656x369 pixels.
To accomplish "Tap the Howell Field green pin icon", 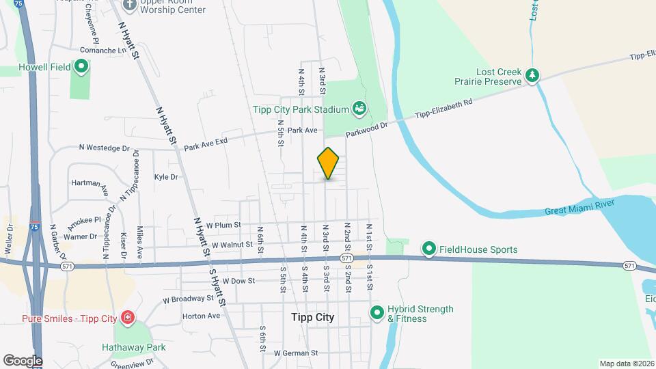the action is [81, 66].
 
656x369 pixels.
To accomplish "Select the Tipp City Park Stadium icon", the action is [359, 107].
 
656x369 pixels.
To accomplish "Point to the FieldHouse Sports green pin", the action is [429, 249].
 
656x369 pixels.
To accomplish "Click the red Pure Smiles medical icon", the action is [127, 318].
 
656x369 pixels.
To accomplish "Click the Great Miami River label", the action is [579, 207].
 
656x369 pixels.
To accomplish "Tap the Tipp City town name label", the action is [312, 317].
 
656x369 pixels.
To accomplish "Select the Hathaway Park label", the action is [134, 347].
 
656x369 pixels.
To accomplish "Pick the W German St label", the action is [296, 353].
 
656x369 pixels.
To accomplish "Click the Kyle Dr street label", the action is [166, 177].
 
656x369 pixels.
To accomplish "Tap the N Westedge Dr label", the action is [104, 147].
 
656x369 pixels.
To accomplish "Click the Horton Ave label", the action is [202, 316].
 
